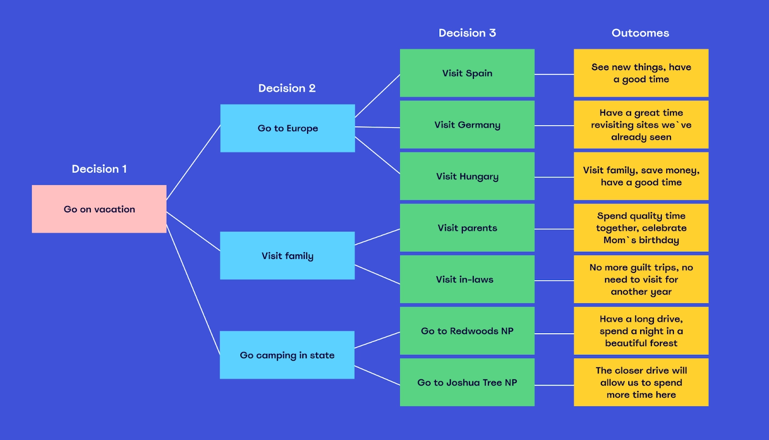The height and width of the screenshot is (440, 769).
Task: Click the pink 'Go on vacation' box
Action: point(99,209)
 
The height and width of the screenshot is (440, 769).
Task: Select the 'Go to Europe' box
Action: point(287,128)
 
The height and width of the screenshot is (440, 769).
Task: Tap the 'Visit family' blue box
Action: point(287,256)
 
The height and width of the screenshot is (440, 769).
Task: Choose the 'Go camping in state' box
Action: point(287,355)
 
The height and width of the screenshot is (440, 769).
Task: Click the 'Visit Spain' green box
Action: point(467,73)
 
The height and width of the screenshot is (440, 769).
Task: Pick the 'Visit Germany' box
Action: point(467,125)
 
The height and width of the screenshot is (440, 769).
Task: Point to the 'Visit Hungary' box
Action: point(467,176)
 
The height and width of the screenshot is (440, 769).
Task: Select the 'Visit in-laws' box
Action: point(467,279)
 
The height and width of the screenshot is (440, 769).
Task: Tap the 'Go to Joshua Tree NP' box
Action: point(467,382)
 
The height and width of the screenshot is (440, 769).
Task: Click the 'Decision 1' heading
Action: point(99,169)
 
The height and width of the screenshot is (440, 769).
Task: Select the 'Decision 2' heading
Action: point(287,88)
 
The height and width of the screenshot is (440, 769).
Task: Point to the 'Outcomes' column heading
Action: point(640,33)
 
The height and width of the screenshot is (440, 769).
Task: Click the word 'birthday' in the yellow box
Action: point(659,240)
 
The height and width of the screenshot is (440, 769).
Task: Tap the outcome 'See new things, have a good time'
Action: point(641,73)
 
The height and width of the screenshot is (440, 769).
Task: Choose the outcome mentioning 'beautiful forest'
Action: point(641,331)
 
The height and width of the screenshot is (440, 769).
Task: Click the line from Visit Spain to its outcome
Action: point(554,74)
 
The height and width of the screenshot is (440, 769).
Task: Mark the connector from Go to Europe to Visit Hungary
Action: point(377,155)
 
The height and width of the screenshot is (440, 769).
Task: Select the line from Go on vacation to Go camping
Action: point(193,289)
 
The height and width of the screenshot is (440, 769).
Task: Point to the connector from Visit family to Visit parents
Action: point(377,237)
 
